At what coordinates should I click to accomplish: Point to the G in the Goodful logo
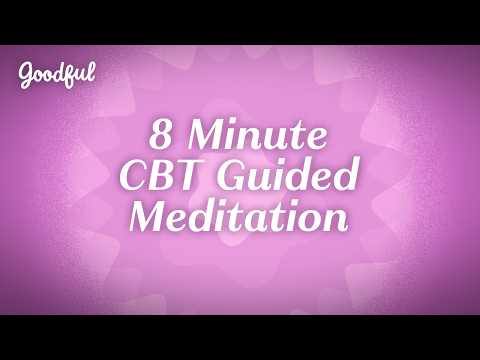26,73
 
